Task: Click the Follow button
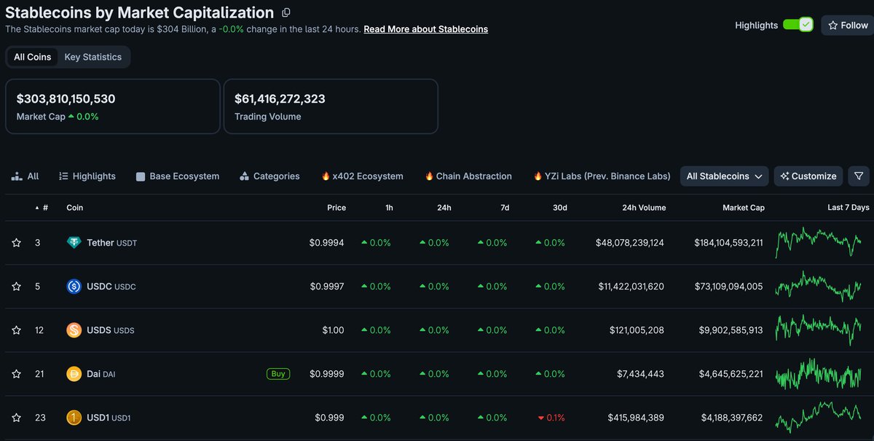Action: (849, 26)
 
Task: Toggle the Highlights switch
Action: (798, 25)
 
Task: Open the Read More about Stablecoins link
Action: (425, 29)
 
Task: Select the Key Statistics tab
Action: (93, 57)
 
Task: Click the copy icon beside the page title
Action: (286, 13)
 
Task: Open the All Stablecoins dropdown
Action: (724, 176)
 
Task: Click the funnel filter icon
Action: (859, 176)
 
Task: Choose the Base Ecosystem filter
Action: (178, 176)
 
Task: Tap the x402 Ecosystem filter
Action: (363, 176)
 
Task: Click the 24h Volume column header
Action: (644, 208)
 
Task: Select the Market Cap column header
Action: (744, 208)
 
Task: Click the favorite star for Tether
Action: (16, 243)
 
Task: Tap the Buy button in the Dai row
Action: (277, 374)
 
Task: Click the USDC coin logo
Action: (74, 286)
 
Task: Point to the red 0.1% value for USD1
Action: (551, 418)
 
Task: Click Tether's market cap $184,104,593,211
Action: (728, 243)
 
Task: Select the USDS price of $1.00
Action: (333, 330)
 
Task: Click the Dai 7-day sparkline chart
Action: (818, 374)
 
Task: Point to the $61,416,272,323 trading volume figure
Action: (280, 99)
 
